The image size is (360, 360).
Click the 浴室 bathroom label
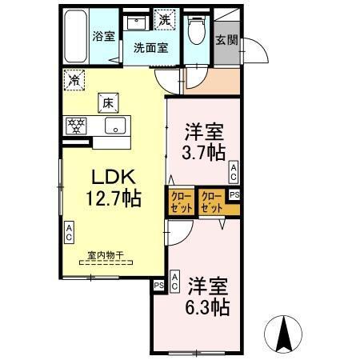pyautogui.click(x=104, y=36)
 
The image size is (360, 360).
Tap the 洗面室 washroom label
pyautogui.click(x=150, y=47)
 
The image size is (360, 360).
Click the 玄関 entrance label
pyautogui.click(x=226, y=40)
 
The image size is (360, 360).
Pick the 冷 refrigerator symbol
pyautogui.click(x=74, y=80)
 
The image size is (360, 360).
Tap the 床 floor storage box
pyautogui.click(x=109, y=102)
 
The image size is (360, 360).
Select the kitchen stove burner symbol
pyautogui.click(x=77, y=126)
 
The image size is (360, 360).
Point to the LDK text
pyautogui.click(x=104, y=177)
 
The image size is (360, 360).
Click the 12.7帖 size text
pyautogui.click(x=104, y=196)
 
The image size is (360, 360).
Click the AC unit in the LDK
pyautogui.click(x=69, y=234)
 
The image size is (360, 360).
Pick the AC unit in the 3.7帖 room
pyautogui.click(x=234, y=170)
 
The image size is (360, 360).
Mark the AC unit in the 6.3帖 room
pyautogui.click(x=174, y=281)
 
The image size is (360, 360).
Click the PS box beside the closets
pyautogui.click(x=234, y=194)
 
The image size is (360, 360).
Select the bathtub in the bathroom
pyautogui.click(x=73, y=37)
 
